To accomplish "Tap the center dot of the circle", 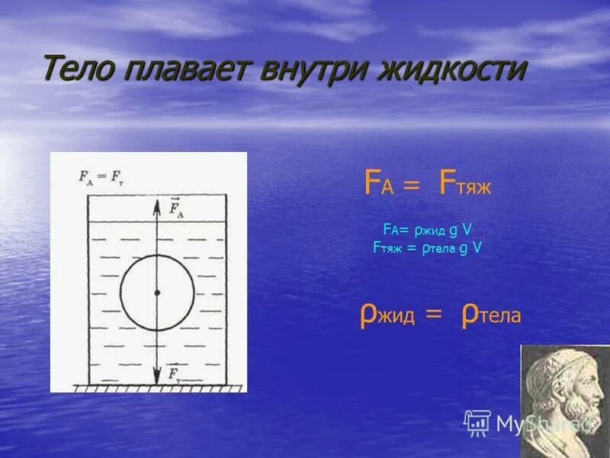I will pos(157,292).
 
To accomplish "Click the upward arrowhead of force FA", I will pos(157,205).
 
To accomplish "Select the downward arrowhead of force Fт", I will pos(157,377).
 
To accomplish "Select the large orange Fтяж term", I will pos(464,184).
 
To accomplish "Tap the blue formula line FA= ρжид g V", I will pos(427,229).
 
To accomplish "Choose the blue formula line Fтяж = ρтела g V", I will pos(427,247).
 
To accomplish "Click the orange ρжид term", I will pos(387,314).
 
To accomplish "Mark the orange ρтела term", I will pos(491,314).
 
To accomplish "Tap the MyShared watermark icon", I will pos(477,422).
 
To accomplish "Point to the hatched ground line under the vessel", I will pos(158,388).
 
